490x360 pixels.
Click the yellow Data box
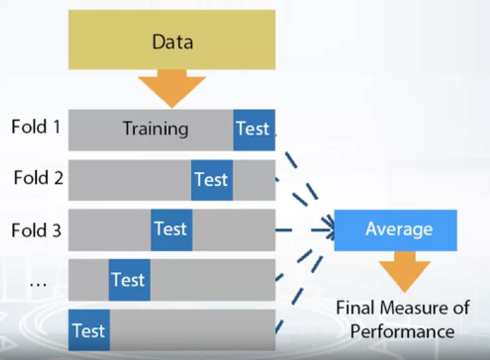[172, 40]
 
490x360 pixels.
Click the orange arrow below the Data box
[172, 88]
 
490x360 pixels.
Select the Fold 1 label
[36, 127]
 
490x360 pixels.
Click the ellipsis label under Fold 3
[38, 282]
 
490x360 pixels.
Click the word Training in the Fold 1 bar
[156, 128]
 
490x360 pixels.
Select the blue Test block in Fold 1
[254, 129]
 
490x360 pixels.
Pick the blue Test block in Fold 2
[212, 179]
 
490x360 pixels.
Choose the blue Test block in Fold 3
[171, 229]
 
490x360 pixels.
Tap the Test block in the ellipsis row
[129, 280]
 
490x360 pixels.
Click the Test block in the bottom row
[88, 330]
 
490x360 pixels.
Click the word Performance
[402, 330]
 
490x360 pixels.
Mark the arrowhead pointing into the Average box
[327, 230]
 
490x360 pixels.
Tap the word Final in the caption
[356, 308]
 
